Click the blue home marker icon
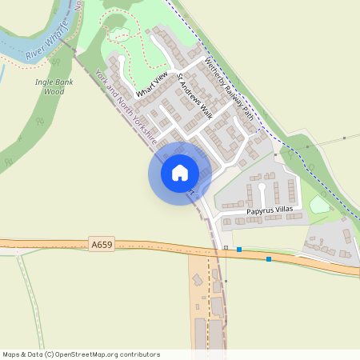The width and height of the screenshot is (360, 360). click(180, 172)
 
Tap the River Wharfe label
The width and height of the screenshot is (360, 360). click(44, 49)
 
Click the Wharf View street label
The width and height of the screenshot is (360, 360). click(151, 84)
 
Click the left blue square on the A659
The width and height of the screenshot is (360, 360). click(239, 250)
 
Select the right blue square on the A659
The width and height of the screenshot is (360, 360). click(269, 259)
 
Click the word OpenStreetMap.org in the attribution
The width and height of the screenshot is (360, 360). click(94, 354)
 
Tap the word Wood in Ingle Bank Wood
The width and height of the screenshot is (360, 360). click(53, 91)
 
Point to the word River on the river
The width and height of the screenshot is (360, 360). click(34, 54)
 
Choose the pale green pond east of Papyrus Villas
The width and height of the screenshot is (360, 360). click(319, 205)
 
